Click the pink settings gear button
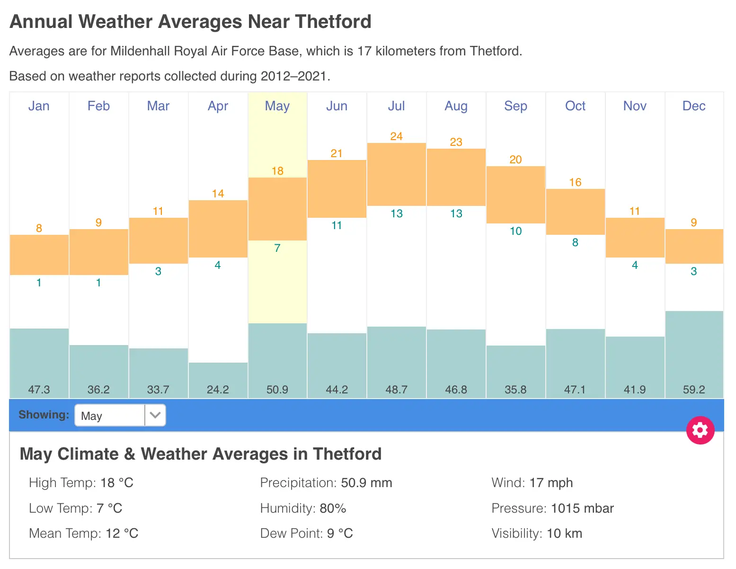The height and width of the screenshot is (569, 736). point(700,430)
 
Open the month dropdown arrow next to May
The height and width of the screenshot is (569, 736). point(155,415)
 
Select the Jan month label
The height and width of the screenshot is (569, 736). point(39,106)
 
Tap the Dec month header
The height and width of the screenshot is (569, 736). point(694,106)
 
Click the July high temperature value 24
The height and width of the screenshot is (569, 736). point(396,136)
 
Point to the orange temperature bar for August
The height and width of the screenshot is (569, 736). point(456,177)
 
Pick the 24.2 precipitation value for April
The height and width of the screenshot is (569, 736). point(218,390)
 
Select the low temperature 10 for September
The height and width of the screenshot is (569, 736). point(515,231)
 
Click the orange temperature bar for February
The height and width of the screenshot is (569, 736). point(98,252)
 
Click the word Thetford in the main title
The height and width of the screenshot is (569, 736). point(333,22)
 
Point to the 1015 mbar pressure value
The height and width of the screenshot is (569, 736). point(582,508)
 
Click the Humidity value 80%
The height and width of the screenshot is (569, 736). point(333,508)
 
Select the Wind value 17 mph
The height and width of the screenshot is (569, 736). point(551,483)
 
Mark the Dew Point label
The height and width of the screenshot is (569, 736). point(291,533)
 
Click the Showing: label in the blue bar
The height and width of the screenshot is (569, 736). point(44,415)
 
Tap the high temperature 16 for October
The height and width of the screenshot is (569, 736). point(575,182)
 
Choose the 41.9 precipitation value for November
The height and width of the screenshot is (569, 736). point(635,390)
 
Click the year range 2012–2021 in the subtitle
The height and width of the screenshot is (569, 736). point(293,76)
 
